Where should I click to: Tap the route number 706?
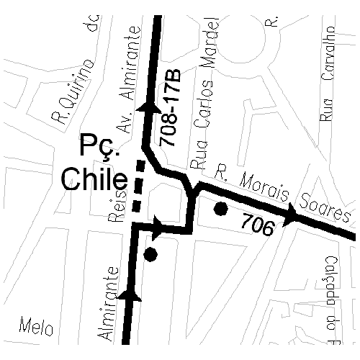coord(258,226)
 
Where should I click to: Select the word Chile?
coord(94,179)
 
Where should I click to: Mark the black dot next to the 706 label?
coord(221,210)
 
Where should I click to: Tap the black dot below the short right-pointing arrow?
coord(150,253)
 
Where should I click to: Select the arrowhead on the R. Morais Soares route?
coord(292,214)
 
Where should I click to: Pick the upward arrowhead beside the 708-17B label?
coord(152,106)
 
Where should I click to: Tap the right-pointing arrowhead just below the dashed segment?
coord(157,228)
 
